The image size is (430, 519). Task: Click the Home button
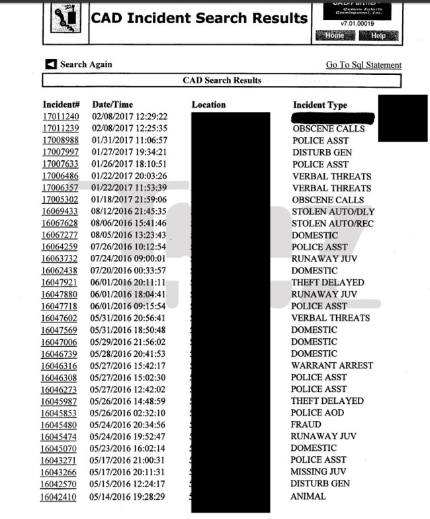pyautogui.click(x=335, y=35)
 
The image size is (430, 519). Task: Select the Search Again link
pyautogui.click(x=79, y=64)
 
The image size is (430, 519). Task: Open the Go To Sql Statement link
pyautogui.click(x=363, y=65)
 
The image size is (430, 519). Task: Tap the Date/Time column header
pyautogui.click(x=112, y=105)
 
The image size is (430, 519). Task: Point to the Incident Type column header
pyautogui.click(x=320, y=105)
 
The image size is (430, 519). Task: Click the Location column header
pyautogui.click(x=208, y=105)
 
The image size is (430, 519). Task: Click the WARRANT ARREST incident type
pyautogui.click(x=331, y=365)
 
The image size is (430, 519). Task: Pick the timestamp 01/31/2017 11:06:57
pyautogui.click(x=129, y=140)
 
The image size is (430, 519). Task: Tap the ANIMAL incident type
pyautogui.click(x=309, y=496)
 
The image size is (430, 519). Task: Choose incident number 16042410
pyautogui.click(x=58, y=496)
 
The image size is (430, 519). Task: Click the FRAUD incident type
pyautogui.click(x=306, y=424)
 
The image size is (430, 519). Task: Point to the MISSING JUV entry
pyautogui.click(x=319, y=472)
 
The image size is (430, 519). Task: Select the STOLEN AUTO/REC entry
pyautogui.click(x=332, y=224)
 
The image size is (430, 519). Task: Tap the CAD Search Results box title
pyautogui.click(x=222, y=81)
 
